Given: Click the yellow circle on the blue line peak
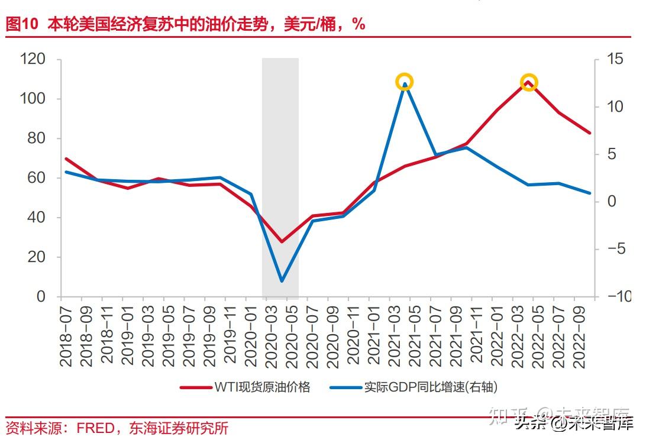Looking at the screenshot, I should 404,82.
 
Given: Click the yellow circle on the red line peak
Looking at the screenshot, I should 529,82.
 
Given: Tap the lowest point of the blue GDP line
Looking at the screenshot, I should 282,281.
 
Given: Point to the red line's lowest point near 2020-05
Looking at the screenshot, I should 282,242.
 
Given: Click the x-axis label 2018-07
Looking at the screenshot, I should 65,334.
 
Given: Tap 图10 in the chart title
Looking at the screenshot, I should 21,24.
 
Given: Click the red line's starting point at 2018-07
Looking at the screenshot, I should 65,159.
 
